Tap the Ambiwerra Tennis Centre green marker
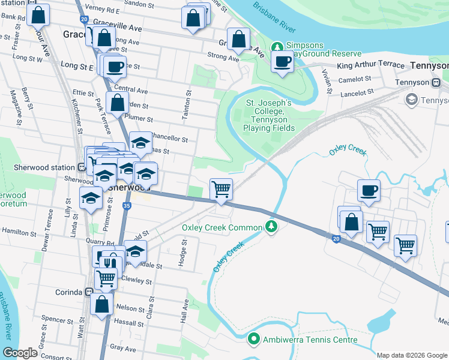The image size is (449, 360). tap(254, 340)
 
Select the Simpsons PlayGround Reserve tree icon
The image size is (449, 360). tap(277, 46)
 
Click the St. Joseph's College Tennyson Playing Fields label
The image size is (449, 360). tap(269, 115)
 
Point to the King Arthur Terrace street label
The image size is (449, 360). tap(370, 65)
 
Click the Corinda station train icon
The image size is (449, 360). tap(89, 292)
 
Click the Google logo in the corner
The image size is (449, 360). tap(20, 353)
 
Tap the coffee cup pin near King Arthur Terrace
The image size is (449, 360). tap(282, 61)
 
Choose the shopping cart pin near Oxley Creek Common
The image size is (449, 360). tap(221, 190)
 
